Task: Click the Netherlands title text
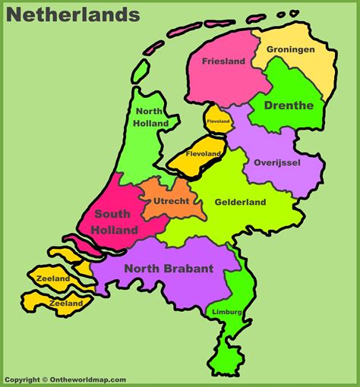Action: click(x=71, y=14)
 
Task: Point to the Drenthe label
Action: click(x=289, y=105)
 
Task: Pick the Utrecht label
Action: click(x=171, y=200)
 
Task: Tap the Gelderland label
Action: click(x=240, y=202)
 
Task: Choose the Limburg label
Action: click(x=228, y=312)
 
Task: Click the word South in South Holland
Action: click(x=112, y=214)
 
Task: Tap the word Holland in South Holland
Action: click(x=115, y=229)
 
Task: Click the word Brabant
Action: click(x=193, y=267)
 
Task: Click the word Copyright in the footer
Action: click(x=22, y=379)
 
